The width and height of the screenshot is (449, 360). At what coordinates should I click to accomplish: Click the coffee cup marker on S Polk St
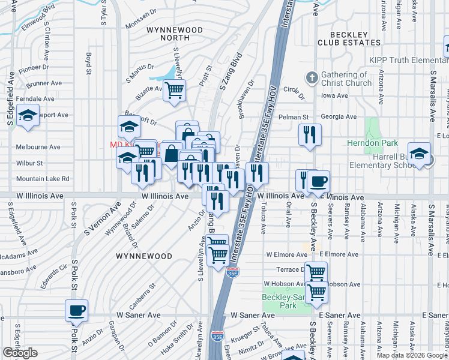point(76,311)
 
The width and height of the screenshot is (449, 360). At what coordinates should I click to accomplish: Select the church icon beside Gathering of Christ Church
point(311,78)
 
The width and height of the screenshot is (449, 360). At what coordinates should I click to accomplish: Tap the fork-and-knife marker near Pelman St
point(310,135)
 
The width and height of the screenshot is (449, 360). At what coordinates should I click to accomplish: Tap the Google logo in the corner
point(20,353)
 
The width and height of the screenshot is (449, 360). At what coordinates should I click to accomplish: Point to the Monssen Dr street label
point(143,26)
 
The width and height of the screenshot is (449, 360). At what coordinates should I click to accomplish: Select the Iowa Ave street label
point(334,95)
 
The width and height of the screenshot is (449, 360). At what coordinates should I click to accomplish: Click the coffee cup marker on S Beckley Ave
point(318,181)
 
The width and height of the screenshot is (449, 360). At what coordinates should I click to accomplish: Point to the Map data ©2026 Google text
point(412,355)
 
